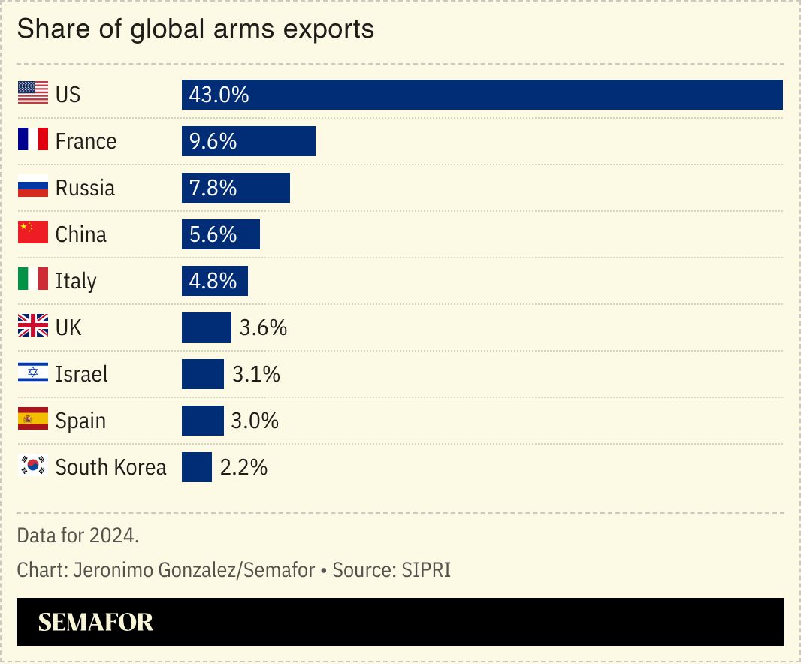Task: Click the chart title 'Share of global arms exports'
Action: tap(195, 29)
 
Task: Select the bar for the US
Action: tap(482, 95)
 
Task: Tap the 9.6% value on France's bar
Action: tap(213, 141)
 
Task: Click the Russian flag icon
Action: tap(32, 188)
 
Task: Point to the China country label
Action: tap(81, 234)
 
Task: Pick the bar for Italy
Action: tap(214, 281)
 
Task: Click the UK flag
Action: tap(32, 327)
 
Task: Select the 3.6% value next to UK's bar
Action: tap(263, 327)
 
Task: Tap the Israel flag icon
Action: tap(32, 374)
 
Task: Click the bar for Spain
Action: tap(202, 421)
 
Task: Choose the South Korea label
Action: tap(110, 467)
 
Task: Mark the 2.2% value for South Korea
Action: tap(243, 467)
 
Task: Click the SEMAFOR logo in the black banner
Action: tap(95, 622)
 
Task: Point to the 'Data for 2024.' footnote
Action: tap(78, 536)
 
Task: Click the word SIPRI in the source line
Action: tap(426, 570)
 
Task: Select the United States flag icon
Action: tap(32, 95)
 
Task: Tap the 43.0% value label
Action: tap(219, 95)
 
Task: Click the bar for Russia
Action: tap(235, 188)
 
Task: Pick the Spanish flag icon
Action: tap(32, 421)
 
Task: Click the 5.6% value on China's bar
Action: tap(213, 234)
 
